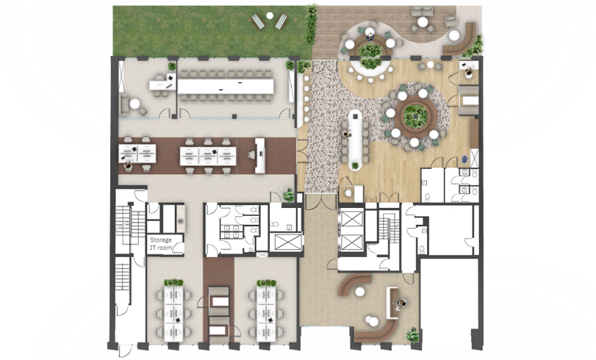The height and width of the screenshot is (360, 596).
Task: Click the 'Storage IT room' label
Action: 161,244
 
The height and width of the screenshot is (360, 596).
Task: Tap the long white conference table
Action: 226,86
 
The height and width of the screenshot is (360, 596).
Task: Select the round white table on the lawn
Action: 270,15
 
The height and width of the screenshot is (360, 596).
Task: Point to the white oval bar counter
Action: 356,140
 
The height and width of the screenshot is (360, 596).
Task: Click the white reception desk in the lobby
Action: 392,303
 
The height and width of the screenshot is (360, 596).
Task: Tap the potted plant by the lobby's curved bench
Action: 413,335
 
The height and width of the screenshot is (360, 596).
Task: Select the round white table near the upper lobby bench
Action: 359,292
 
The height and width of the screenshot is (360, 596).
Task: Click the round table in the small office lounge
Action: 134,104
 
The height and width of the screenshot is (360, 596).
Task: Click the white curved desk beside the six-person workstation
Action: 260,156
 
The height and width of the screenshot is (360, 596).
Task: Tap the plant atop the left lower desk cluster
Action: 173,282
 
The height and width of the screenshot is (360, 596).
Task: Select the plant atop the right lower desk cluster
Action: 266,283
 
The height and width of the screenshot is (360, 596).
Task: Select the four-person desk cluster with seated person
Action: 137,154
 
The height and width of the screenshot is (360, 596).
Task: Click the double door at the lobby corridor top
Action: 321,201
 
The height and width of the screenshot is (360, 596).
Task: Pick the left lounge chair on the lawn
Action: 258,21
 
